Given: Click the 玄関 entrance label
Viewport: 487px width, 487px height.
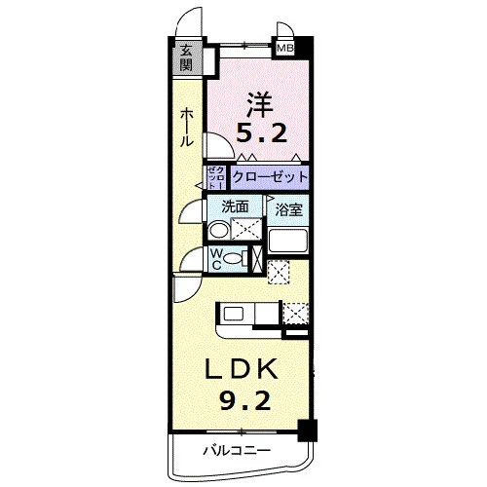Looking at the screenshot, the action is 186,58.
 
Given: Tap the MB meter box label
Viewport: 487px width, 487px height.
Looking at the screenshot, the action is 284,49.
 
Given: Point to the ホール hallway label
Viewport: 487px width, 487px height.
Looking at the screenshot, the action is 187,128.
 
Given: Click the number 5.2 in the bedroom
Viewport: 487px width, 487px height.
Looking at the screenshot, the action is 261,133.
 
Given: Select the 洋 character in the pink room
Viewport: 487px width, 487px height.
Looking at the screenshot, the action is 259,104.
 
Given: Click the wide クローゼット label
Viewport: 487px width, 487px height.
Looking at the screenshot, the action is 270,177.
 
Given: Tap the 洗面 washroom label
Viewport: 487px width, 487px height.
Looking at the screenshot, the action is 235,206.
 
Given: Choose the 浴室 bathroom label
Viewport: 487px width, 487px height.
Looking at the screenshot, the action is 288,210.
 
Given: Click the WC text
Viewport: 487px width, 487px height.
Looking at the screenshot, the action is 216,259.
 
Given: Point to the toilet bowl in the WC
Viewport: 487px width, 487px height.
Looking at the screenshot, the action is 233,259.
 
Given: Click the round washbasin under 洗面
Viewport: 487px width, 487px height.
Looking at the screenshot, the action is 217,230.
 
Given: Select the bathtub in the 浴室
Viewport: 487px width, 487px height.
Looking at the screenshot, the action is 287,241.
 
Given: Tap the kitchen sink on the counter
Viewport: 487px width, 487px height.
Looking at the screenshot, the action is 234,314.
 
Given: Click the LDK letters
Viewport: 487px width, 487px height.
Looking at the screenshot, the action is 242,369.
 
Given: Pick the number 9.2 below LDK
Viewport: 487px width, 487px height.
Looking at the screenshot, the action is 245,400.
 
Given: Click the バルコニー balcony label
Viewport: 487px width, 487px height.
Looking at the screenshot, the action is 237,451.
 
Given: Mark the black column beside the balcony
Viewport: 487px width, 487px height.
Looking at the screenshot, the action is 307,431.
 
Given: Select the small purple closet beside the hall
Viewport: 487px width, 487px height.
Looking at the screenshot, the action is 216,177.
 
